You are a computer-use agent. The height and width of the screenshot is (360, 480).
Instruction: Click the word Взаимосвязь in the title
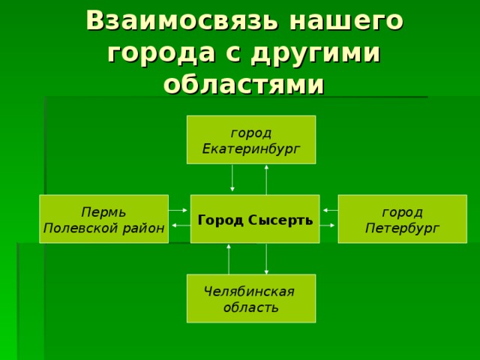[x=182, y=21]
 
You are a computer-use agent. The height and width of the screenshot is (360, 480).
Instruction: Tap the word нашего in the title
[x=346, y=21]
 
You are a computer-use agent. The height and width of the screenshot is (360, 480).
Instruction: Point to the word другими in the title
[x=316, y=53]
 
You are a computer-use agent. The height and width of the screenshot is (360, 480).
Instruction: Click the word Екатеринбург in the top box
[x=251, y=149]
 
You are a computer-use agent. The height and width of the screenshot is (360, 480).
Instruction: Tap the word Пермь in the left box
[x=103, y=211]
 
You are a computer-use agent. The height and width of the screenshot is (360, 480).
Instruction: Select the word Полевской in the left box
[x=80, y=228]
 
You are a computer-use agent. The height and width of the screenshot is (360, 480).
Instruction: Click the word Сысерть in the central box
[x=280, y=220]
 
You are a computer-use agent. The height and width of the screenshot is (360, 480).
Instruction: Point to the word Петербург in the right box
[x=402, y=228]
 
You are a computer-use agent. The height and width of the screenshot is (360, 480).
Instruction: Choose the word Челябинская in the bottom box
[x=249, y=291]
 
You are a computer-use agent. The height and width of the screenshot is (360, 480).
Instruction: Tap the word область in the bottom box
[x=251, y=307]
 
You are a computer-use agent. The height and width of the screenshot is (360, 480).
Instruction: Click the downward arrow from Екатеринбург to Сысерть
[x=232, y=178]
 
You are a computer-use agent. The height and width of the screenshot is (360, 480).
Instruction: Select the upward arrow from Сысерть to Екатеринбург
[x=266, y=180]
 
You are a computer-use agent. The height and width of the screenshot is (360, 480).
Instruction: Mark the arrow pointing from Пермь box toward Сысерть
[x=178, y=210]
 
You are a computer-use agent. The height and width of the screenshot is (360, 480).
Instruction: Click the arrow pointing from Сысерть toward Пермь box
[x=181, y=226]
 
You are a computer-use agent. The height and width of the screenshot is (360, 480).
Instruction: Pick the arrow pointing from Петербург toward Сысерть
[x=331, y=210]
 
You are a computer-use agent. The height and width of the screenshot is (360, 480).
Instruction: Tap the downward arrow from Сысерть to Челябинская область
[x=266, y=259]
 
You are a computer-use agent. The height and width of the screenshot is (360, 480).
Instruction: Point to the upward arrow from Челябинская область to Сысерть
[x=229, y=259]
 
